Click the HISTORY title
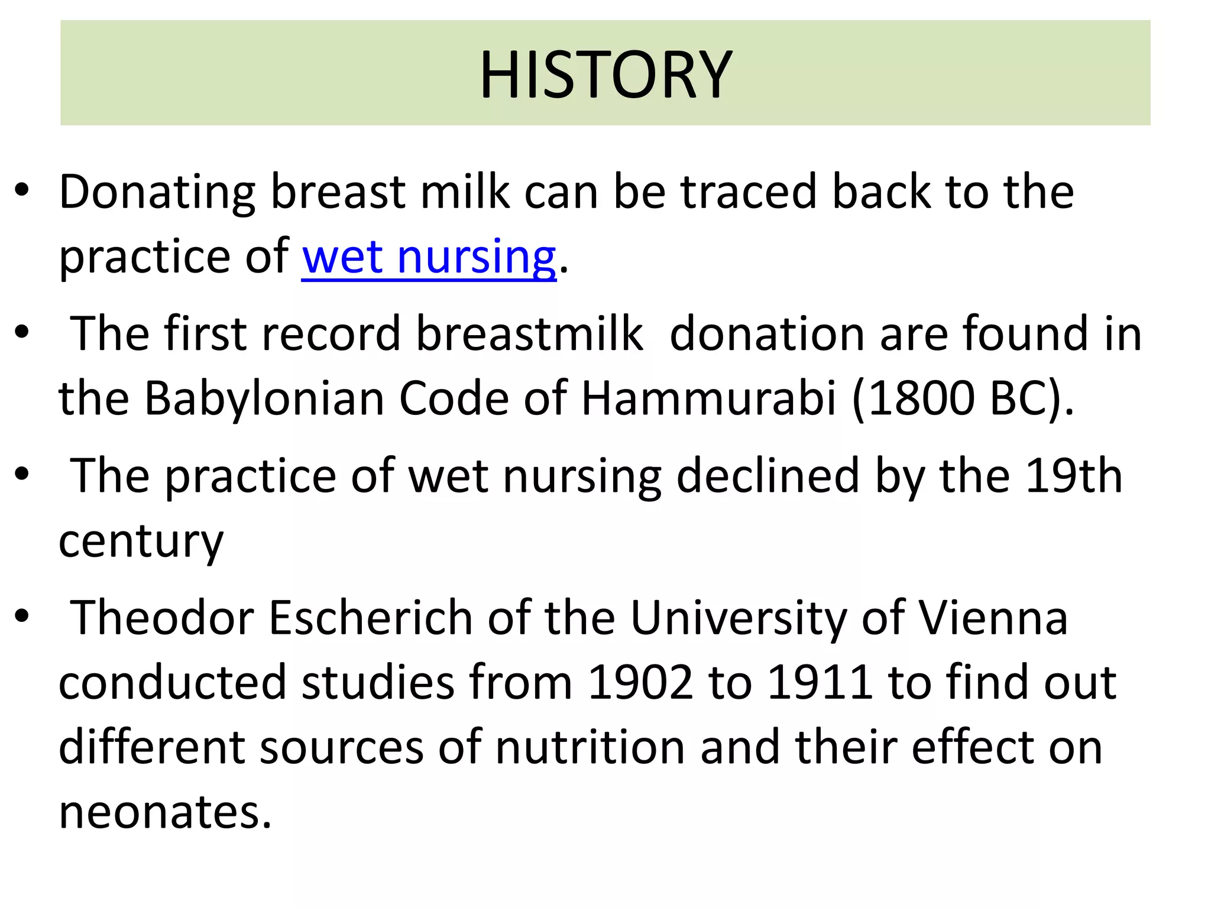click(605, 74)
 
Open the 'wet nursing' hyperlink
click(429, 257)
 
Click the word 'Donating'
click(157, 193)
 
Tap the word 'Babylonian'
click(264, 398)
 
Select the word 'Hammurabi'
click(708, 398)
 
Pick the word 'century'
click(141, 541)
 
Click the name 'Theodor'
click(162, 618)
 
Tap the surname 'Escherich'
click(371, 618)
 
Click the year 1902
click(640, 683)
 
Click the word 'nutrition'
click(590, 747)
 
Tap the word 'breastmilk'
click(529, 335)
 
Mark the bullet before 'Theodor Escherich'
click(22, 616)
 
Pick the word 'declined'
click(768, 476)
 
